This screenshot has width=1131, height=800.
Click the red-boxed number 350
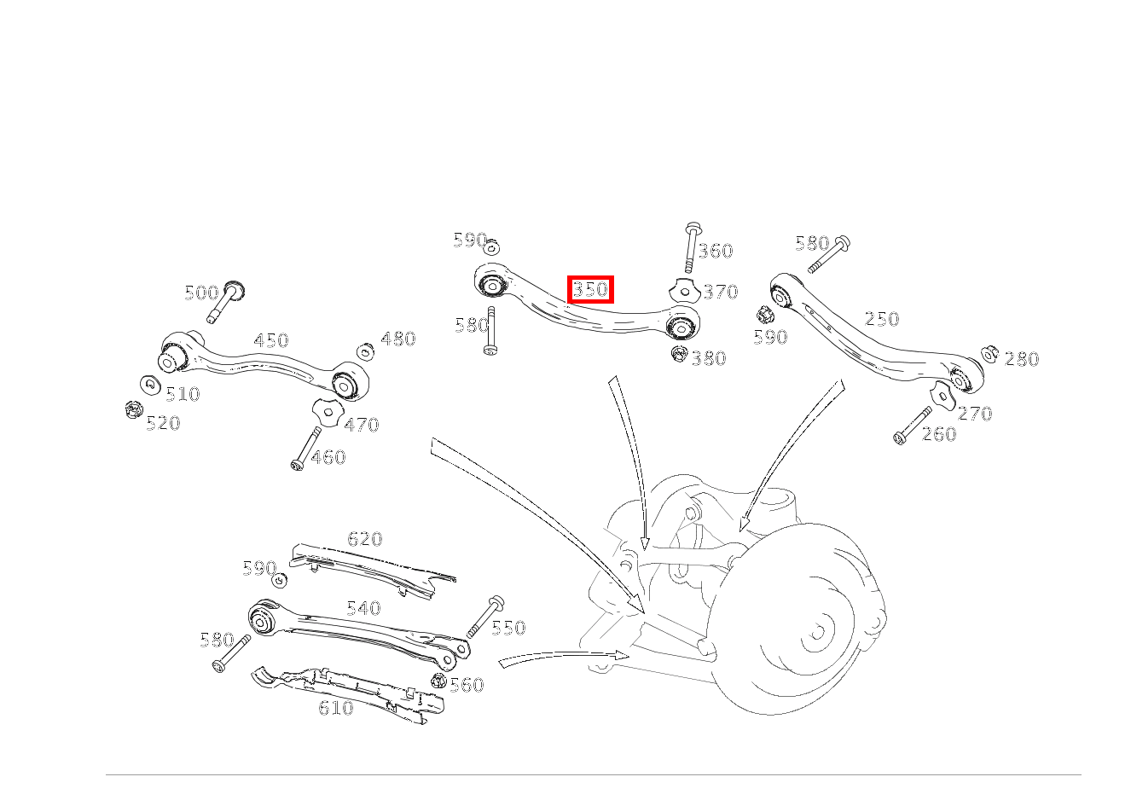(590, 290)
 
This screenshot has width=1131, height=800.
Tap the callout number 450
(271, 340)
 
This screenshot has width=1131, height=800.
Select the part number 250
(882, 319)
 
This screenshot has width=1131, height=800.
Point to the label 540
(363, 608)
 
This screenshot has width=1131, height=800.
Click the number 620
(364, 539)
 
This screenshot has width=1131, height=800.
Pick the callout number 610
(336, 708)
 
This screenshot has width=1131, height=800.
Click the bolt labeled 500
(226, 301)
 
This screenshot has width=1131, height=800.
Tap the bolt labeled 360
(692, 247)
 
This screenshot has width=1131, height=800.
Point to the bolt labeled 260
(913, 426)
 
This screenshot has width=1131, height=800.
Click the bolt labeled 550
(485, 617)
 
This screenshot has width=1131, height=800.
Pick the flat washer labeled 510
(150, 386)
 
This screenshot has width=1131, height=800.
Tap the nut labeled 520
(133, 410)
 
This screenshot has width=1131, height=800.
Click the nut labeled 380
(680, 353)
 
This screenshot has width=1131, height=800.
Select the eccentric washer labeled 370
(684, 292)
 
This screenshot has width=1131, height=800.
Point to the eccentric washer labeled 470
(328, 412)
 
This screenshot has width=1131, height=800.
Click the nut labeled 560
(439, 681)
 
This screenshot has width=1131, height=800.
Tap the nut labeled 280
(989, 354)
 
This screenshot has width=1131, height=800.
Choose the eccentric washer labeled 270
(942, 396)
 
